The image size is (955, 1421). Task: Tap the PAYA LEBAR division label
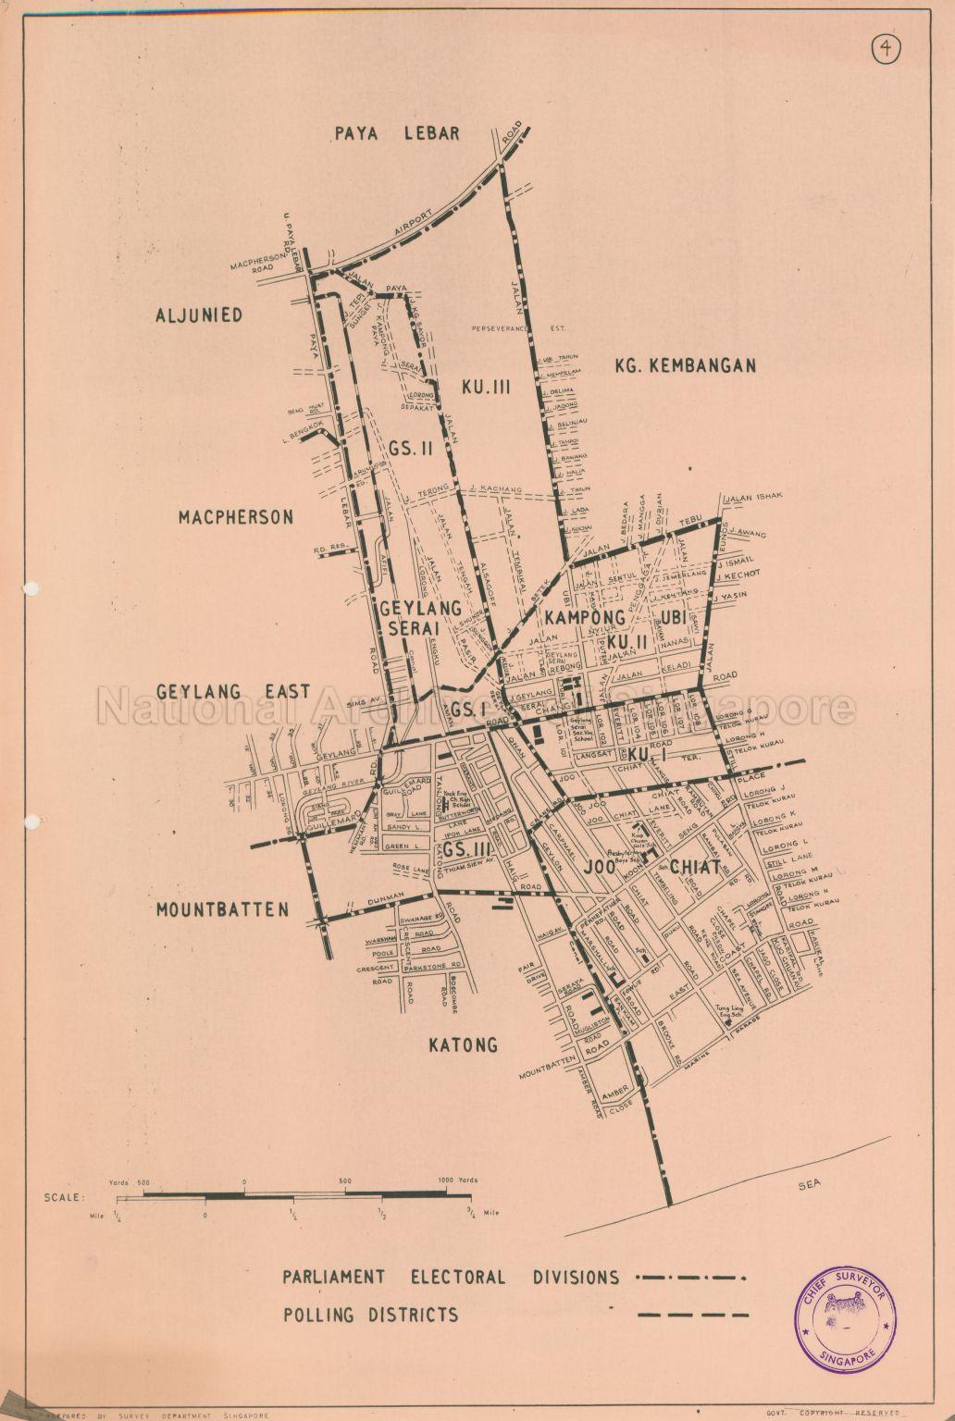pos(397,134)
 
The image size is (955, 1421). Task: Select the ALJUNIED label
pos(199,315)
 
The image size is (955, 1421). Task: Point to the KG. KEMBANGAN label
pos(685,365)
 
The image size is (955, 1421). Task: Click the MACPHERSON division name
pos(236,517)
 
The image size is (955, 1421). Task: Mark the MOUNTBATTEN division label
pos(222,909)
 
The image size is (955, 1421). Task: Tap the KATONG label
pos(463,1045)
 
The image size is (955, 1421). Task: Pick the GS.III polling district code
pos(465,849)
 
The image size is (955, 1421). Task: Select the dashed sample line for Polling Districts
pos(691,1315)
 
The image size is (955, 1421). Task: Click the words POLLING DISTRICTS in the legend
pos(370,1315)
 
